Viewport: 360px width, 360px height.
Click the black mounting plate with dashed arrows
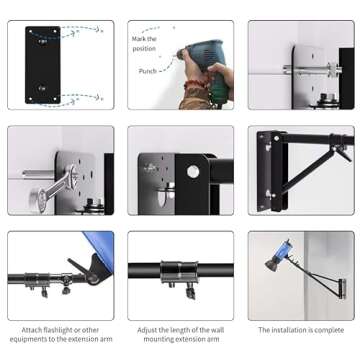[43, 64]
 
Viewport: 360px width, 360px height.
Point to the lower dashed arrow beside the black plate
[84, 96]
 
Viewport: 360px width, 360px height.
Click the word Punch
[147, 71]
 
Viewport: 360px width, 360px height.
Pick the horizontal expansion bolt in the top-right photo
[309, 70]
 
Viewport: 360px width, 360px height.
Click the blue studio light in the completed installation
[279, 250]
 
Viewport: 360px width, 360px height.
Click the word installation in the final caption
[290, 329]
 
